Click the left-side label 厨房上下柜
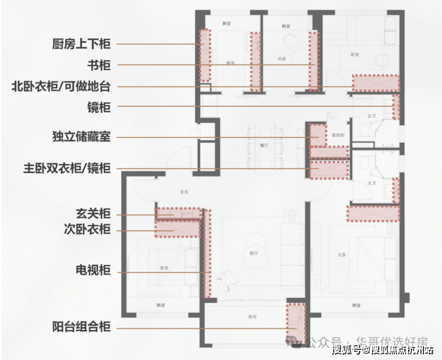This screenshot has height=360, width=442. point(81,44)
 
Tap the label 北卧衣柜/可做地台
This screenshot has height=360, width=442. point(62,87)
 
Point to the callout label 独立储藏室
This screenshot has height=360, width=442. point(81,137)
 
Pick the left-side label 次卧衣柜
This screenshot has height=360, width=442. point(87,230)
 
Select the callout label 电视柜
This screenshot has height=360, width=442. point(93,270)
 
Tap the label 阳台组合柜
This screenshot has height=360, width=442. point(81,327)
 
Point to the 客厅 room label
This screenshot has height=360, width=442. point(254,254)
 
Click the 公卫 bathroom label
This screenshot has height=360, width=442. point(372,115)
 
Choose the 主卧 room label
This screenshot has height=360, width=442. point(341,255)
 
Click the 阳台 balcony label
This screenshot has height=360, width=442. point(253,316)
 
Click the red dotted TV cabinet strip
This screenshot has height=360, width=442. point(207,253)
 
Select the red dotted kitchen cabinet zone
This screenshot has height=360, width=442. point(205,55)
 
